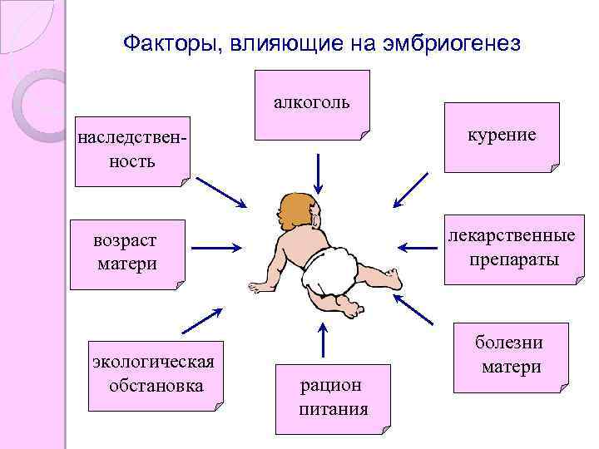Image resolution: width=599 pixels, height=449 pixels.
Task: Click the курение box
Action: point(502,136)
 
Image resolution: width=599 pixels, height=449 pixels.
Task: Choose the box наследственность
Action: point(131,148)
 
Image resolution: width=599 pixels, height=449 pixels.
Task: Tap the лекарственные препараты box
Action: point(512,249)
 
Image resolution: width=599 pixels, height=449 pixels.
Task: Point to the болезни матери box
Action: point(511,356)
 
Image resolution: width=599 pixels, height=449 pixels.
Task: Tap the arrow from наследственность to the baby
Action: point(221,192)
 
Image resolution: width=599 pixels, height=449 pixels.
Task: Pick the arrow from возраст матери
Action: point(216,247)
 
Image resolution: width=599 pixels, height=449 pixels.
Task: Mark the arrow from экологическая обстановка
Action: point(201,320)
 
